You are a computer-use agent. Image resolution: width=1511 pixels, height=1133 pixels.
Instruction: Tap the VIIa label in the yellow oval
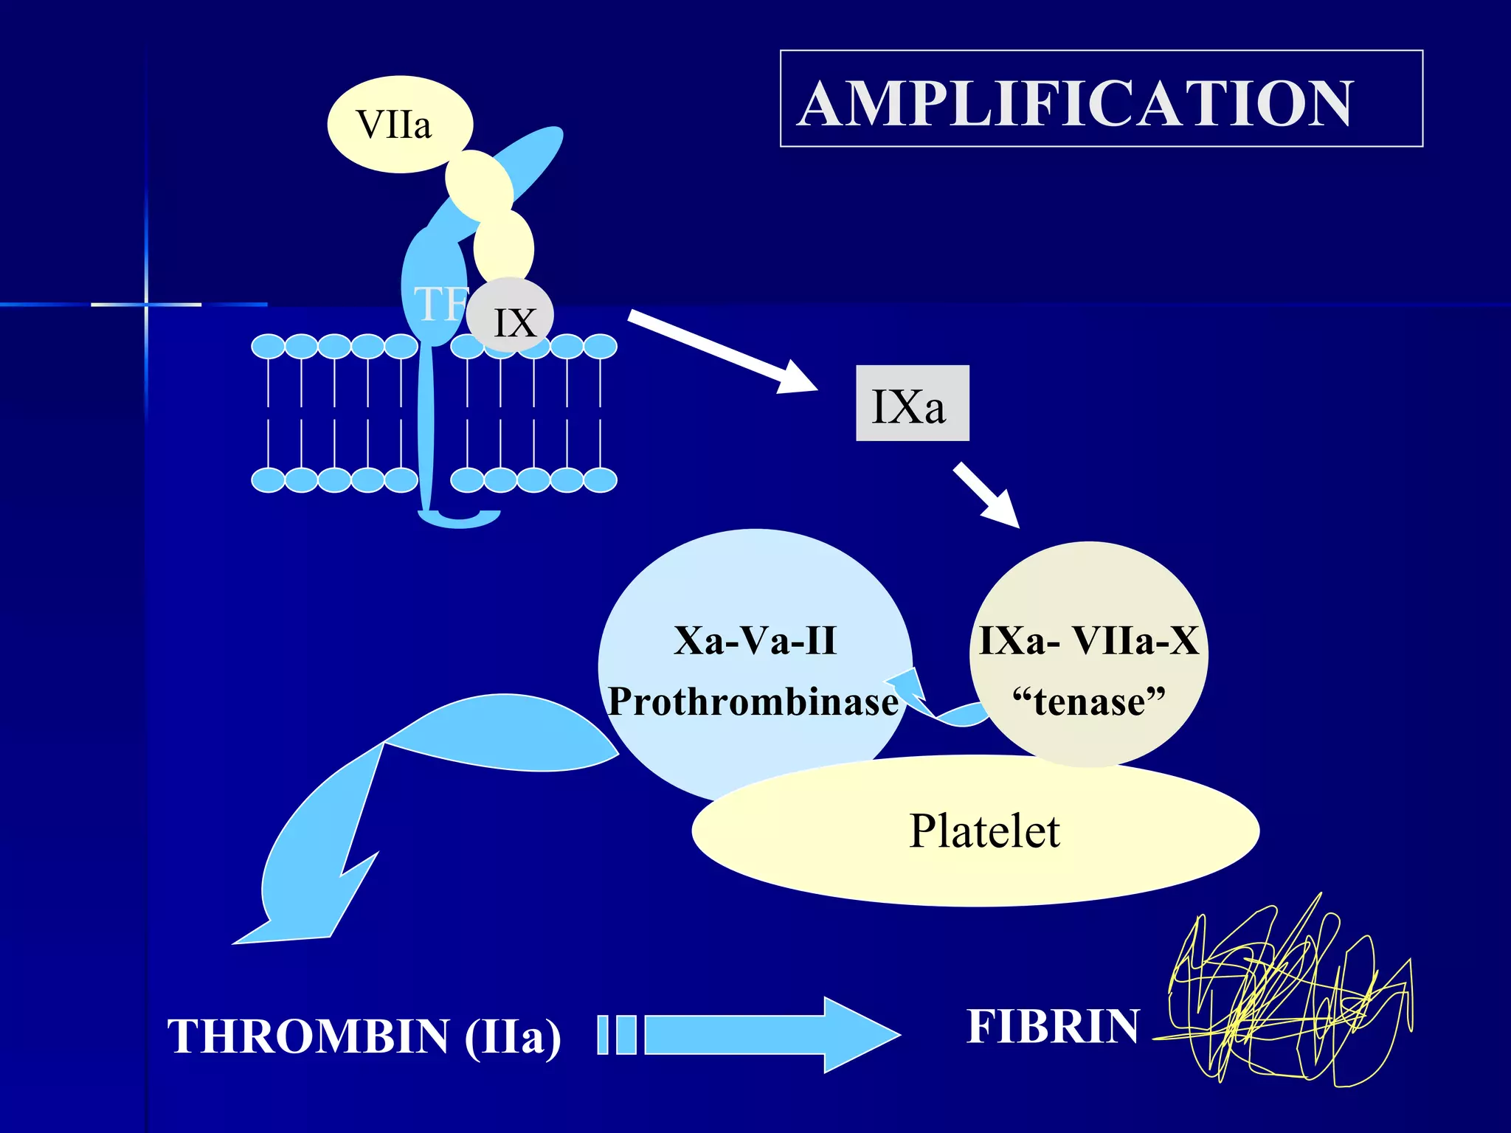point(394,125)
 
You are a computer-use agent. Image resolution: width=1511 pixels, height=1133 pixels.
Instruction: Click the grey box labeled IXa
point(911,404)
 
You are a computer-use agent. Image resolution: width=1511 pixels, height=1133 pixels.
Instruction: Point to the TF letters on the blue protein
point(440,303)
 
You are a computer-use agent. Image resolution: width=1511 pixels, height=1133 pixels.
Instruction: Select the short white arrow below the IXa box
point(986,494)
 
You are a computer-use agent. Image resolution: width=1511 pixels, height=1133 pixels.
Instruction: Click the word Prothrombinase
point(753,701)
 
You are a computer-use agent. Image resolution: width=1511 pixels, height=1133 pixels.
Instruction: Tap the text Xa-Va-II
point(755,640)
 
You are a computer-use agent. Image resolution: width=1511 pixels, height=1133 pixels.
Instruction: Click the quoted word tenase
point(1089,701)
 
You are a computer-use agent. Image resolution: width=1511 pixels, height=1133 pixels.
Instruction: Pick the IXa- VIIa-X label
point(1089,640)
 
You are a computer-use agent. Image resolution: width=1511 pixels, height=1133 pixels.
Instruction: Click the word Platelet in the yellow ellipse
point(983,831)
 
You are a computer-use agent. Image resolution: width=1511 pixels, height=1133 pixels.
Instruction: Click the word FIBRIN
point(1053,1026)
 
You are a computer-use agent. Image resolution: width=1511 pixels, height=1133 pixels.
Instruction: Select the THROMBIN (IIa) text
point(364,1036)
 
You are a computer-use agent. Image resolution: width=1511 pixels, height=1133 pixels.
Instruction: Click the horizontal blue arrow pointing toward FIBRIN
point(767,1034)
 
